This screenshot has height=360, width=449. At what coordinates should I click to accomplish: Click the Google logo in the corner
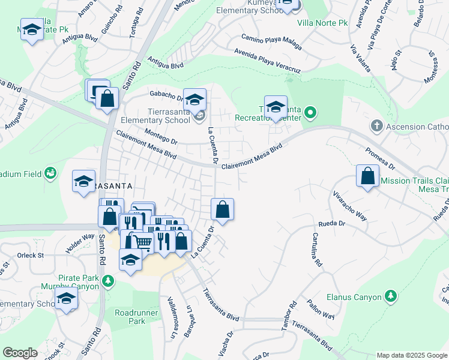click(20, 353)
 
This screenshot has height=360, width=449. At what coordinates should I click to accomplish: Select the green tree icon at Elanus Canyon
click(391, 296)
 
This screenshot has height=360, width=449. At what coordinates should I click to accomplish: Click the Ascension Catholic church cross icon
click(376, 126)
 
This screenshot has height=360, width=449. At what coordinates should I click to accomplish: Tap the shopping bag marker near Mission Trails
click(367, 177)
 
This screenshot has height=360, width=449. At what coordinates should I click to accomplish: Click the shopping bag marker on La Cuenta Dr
click(222, 210)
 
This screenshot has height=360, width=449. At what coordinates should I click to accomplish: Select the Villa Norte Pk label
click(322, 23)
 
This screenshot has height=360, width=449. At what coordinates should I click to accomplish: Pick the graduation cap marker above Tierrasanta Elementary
click(194, 100)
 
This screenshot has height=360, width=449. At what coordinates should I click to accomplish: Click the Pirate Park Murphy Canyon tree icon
click(108, 280)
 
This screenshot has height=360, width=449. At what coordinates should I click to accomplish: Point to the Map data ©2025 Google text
click(411, 355)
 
